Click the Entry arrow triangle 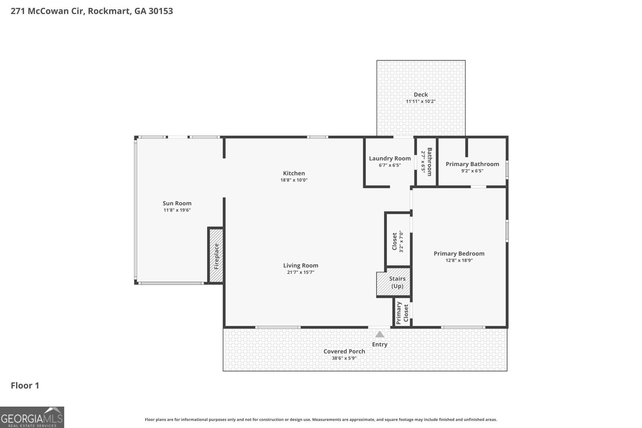pyautogui.click(x=380, y=334)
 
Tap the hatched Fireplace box pyautogui.click(x=216, y=256)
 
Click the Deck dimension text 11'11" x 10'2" pyautogui.click(x=421, y=101)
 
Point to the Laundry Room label pyautogui.click(x=390, y=158)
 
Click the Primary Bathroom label pyautogui.click(x=472, y=164)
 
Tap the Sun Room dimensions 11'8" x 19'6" pyautogui.click(x=177, y=210)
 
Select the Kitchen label pyautogui.click(x=294, y=173)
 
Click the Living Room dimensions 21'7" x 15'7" pyautogui.click(x=301, y=272)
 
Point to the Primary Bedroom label pyautogui.click(x=459, y=254)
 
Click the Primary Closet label pyautogui.click(x=402, y=313)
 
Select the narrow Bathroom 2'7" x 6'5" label pyautogui.click(x=426, y=162)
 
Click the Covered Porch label pyautogui.click(x=344, y=351)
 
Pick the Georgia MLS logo pyautogui.click(x=32, y=417)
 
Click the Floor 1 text pyautogui.click(x=25, y=385)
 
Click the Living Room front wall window pyautogui.click(x=278, y=327)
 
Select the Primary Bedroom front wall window pyautogui.click(x=463, y=327)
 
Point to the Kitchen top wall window pyautogui.click(x=317, y=137)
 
